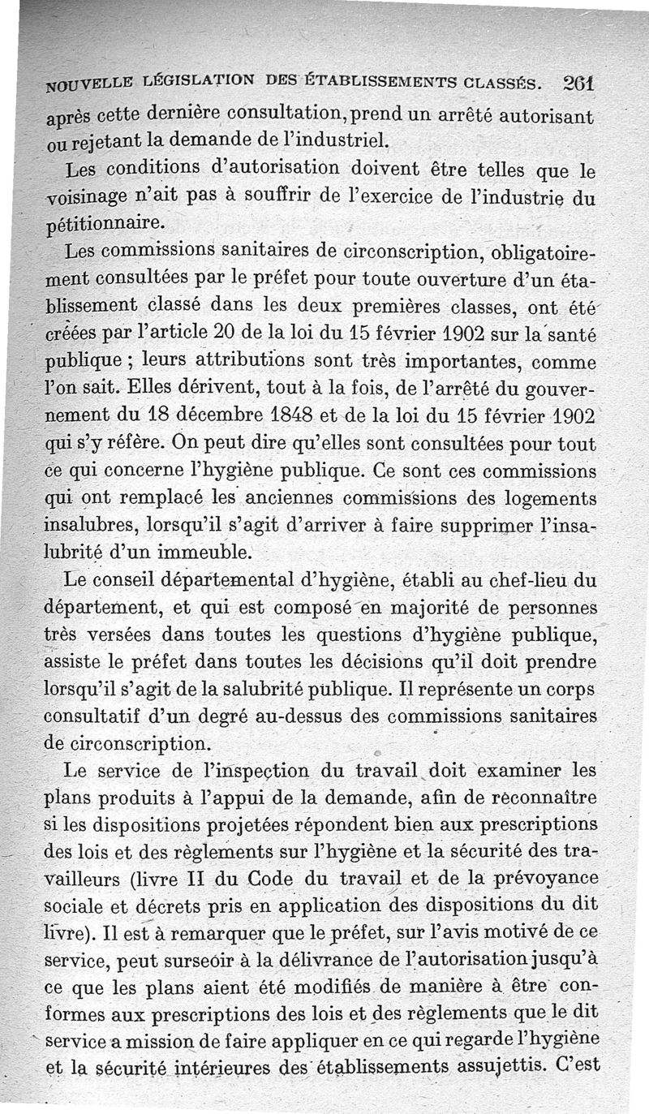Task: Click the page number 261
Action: coord(578,84)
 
